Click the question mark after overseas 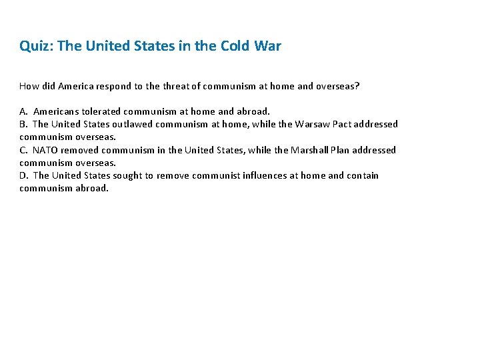pyautogui.click(x=357, y=86)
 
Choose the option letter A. pyautogui.click(x=23, y=111)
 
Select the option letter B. pyautogui.click(x=23, y=124)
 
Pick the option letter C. pyautogui.click(x=23, y=150)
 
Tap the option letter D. pyautogui.click(x=23, y=175)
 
